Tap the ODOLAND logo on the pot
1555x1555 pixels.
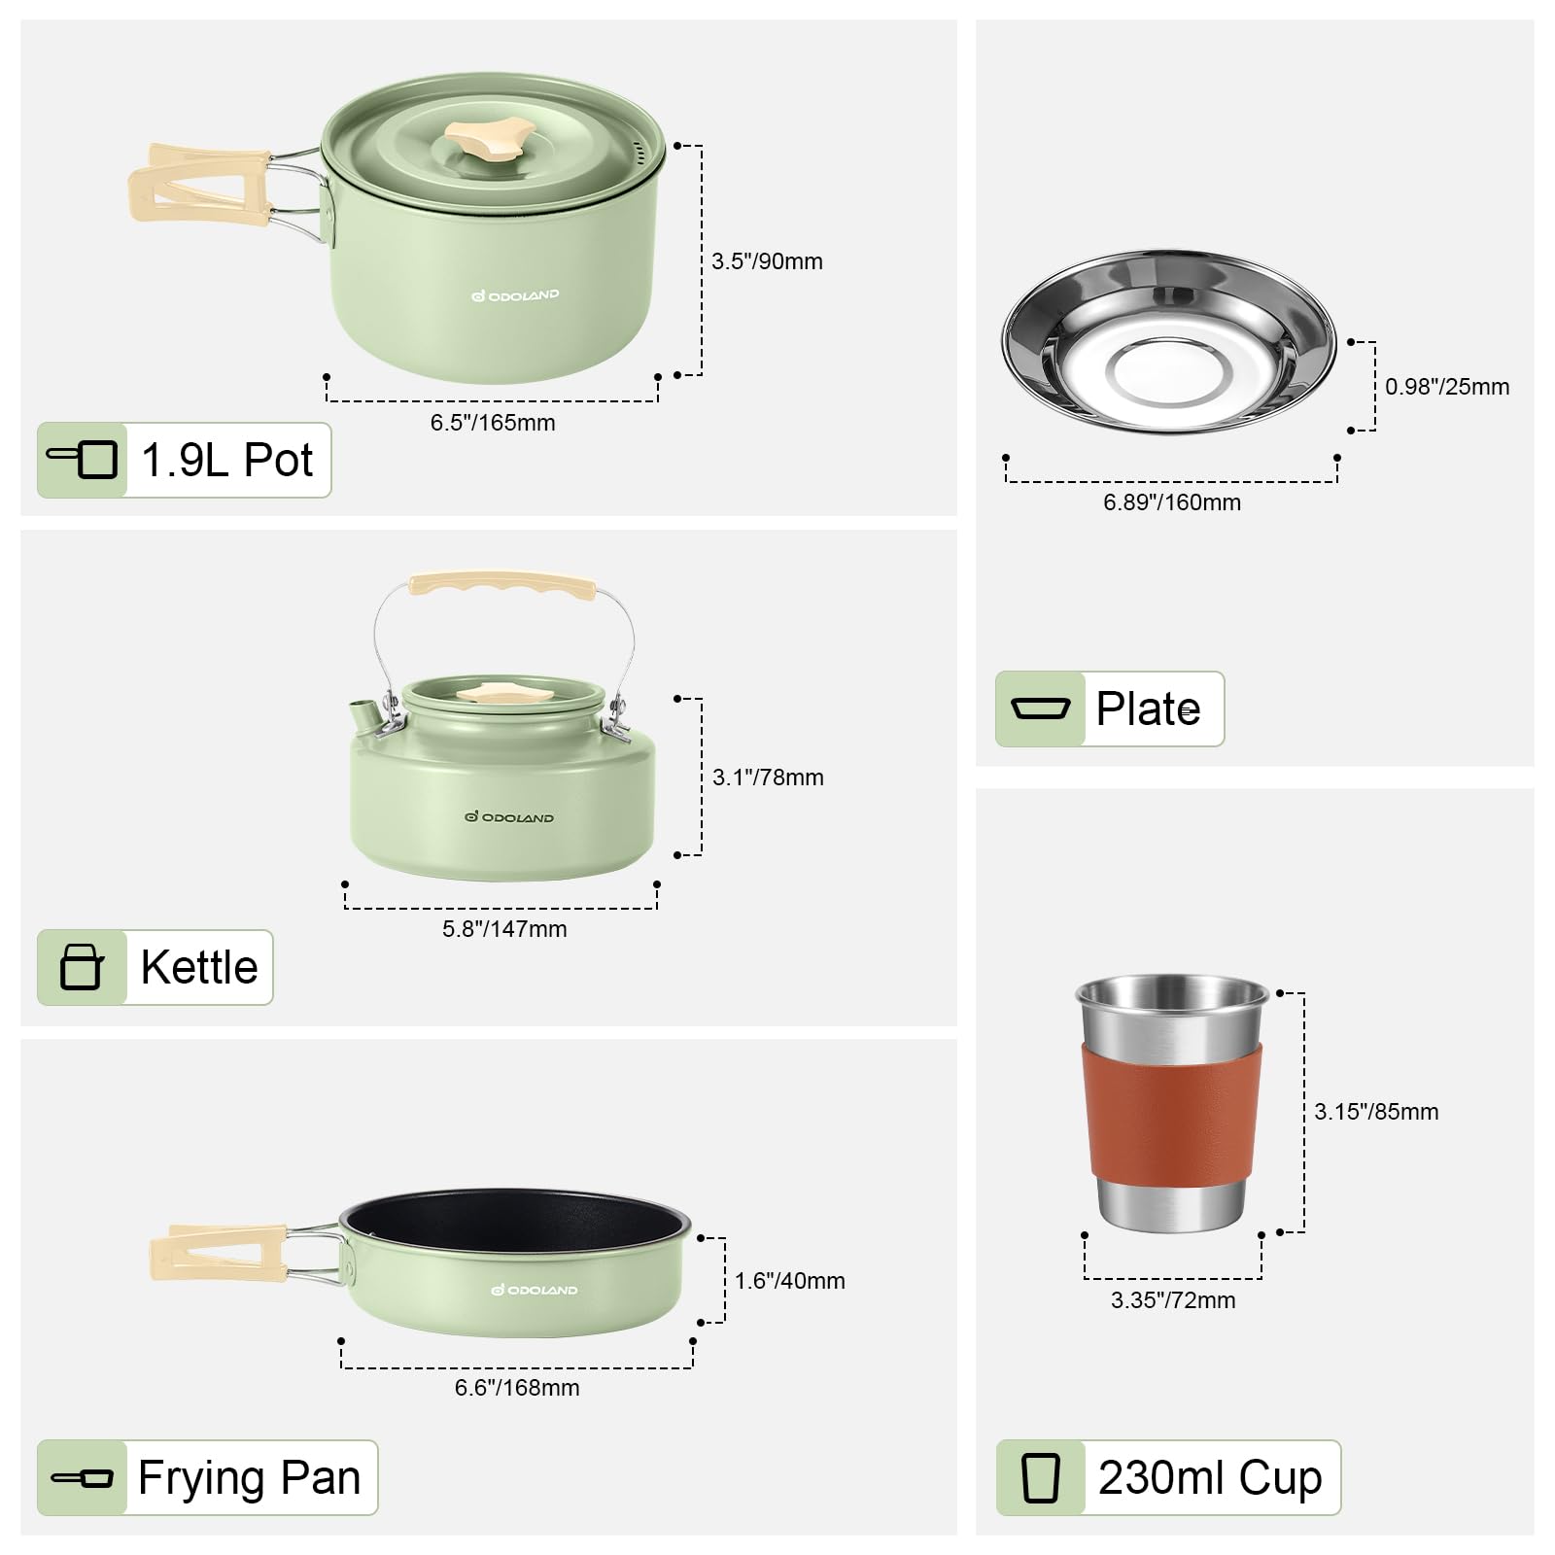[515, 294]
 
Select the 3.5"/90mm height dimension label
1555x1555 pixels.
[767, 261]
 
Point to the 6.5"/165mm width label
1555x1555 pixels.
[493, 423]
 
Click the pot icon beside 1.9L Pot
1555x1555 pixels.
[83, 460]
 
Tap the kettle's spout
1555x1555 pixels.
[363, 715]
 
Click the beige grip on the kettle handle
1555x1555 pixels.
[502, 585]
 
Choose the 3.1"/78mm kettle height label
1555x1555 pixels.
[768, 777]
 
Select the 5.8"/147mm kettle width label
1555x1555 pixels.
[504, 929]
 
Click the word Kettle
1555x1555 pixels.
[199, 967]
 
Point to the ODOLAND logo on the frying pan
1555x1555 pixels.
[535, 1290]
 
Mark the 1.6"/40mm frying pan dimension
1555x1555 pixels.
[789, 1281]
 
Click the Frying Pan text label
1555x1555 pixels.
[250, 1477]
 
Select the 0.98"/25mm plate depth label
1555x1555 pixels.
[1447, 387]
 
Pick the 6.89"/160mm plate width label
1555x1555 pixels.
[1172, 502]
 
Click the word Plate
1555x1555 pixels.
[1148, 708]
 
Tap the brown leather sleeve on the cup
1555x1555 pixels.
[1171, 1113]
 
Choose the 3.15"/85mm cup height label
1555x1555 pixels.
[1376, 1112]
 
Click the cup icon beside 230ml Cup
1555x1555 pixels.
[1040, 1477]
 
